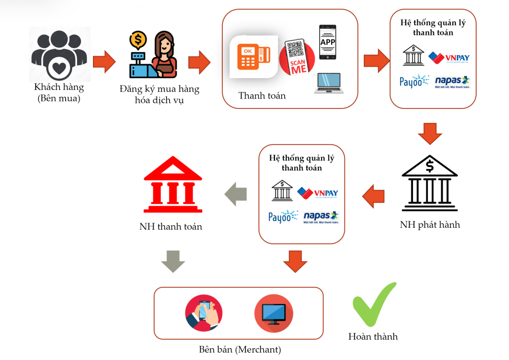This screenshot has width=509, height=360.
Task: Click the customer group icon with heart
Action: [x=59, y=55]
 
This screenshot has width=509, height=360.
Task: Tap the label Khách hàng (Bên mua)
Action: [x=59, y=92]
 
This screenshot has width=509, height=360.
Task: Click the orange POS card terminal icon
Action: [x=253, y=56]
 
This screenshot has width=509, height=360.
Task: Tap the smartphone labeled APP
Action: [x=328, y=42]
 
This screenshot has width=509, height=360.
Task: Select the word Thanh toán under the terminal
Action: [x=262, y=95]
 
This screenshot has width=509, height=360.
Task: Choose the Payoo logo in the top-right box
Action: [x=414, y=82]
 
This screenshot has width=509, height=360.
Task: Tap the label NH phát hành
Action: [x=430, y=225]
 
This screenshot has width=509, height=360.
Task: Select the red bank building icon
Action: [x=172, y=184]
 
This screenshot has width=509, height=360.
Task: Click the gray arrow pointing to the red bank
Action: [x=236, y=193]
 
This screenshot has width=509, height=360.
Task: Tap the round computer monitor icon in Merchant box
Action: [x=273, y=313]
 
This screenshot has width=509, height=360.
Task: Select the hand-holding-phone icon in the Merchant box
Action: [x=204, y=313]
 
